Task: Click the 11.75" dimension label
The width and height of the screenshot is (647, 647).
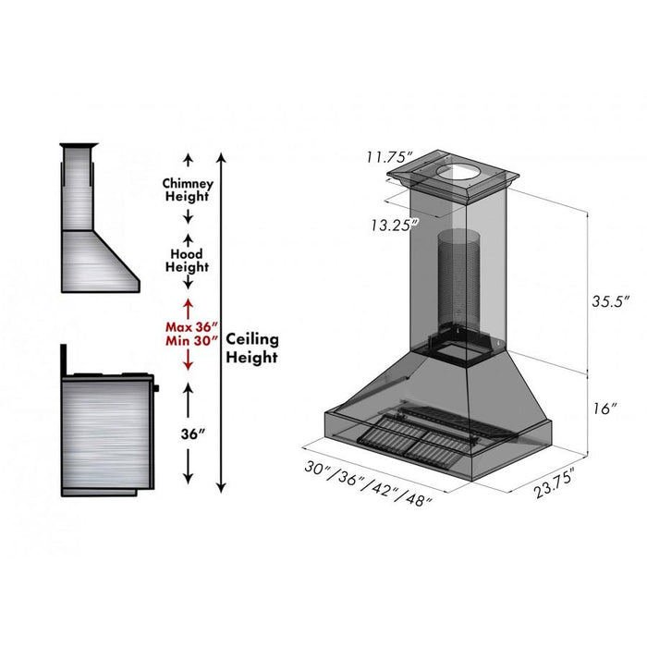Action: click(x=389, y=157)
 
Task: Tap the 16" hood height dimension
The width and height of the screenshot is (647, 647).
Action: click(x=606, y=408)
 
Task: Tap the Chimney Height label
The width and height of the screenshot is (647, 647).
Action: click(x=188, y=189)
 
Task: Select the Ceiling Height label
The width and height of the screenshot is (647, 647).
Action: click(x=252, y=348)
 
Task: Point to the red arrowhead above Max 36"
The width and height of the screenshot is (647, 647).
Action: click(x=189, y=303)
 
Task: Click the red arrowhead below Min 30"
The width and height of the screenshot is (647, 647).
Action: click(x=189, y=365)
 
